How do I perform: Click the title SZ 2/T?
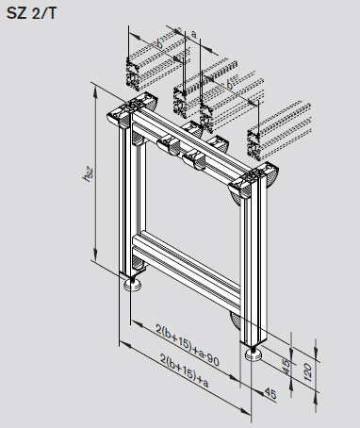(x=31, y=13)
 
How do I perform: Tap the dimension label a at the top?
(x=194, y=34)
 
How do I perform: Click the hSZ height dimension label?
(x=88, y=174)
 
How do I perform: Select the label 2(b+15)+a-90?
(x=188, y=345)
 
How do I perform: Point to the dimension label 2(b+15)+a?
(x=185, y=370)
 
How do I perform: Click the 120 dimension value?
(x=308, y=372)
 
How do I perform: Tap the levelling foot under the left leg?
(x=132, y=285)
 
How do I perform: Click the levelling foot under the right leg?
(x=254, y=354)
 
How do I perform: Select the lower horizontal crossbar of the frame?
(x=187, y=271)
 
